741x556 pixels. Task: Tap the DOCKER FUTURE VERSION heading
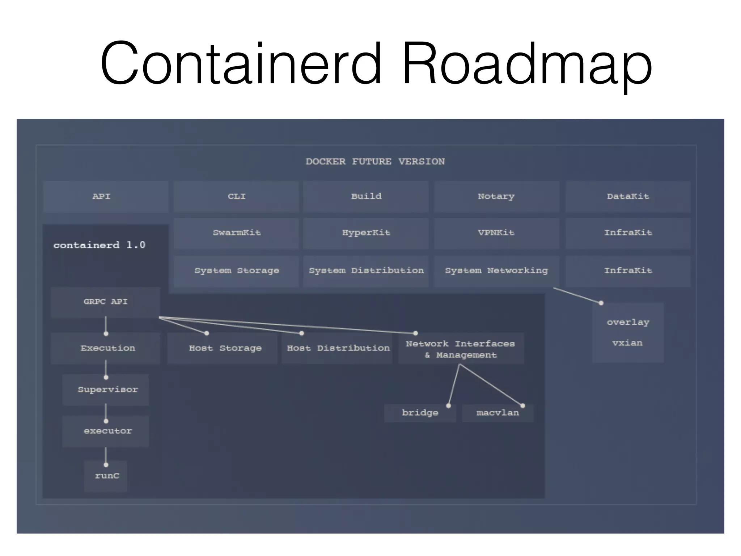click(x=375, y=161)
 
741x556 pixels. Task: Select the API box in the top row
click(x=105, y=197)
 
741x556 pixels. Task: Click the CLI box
click(x=236, y=197)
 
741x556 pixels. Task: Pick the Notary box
click(x=496, y=197)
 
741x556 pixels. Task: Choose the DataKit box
click(x=628, y=197)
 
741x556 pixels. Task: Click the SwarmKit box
click(x=236, y=233)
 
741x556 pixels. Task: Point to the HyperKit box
click(x=366, y=233)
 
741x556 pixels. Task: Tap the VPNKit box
click(x=496, y=233)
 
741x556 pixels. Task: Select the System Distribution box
click(x=366, y=271)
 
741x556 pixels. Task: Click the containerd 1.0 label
click(x=99, y=245)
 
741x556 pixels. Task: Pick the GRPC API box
click(x=105, y=302)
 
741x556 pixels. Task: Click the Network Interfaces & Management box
click(x=461, y=349)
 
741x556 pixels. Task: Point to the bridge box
click(x=420, y=413)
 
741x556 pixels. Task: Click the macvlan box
click(x=497, y=413)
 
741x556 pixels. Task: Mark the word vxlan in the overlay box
click(x=627, y=343)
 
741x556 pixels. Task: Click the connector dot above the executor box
click(x=106, y=421)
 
